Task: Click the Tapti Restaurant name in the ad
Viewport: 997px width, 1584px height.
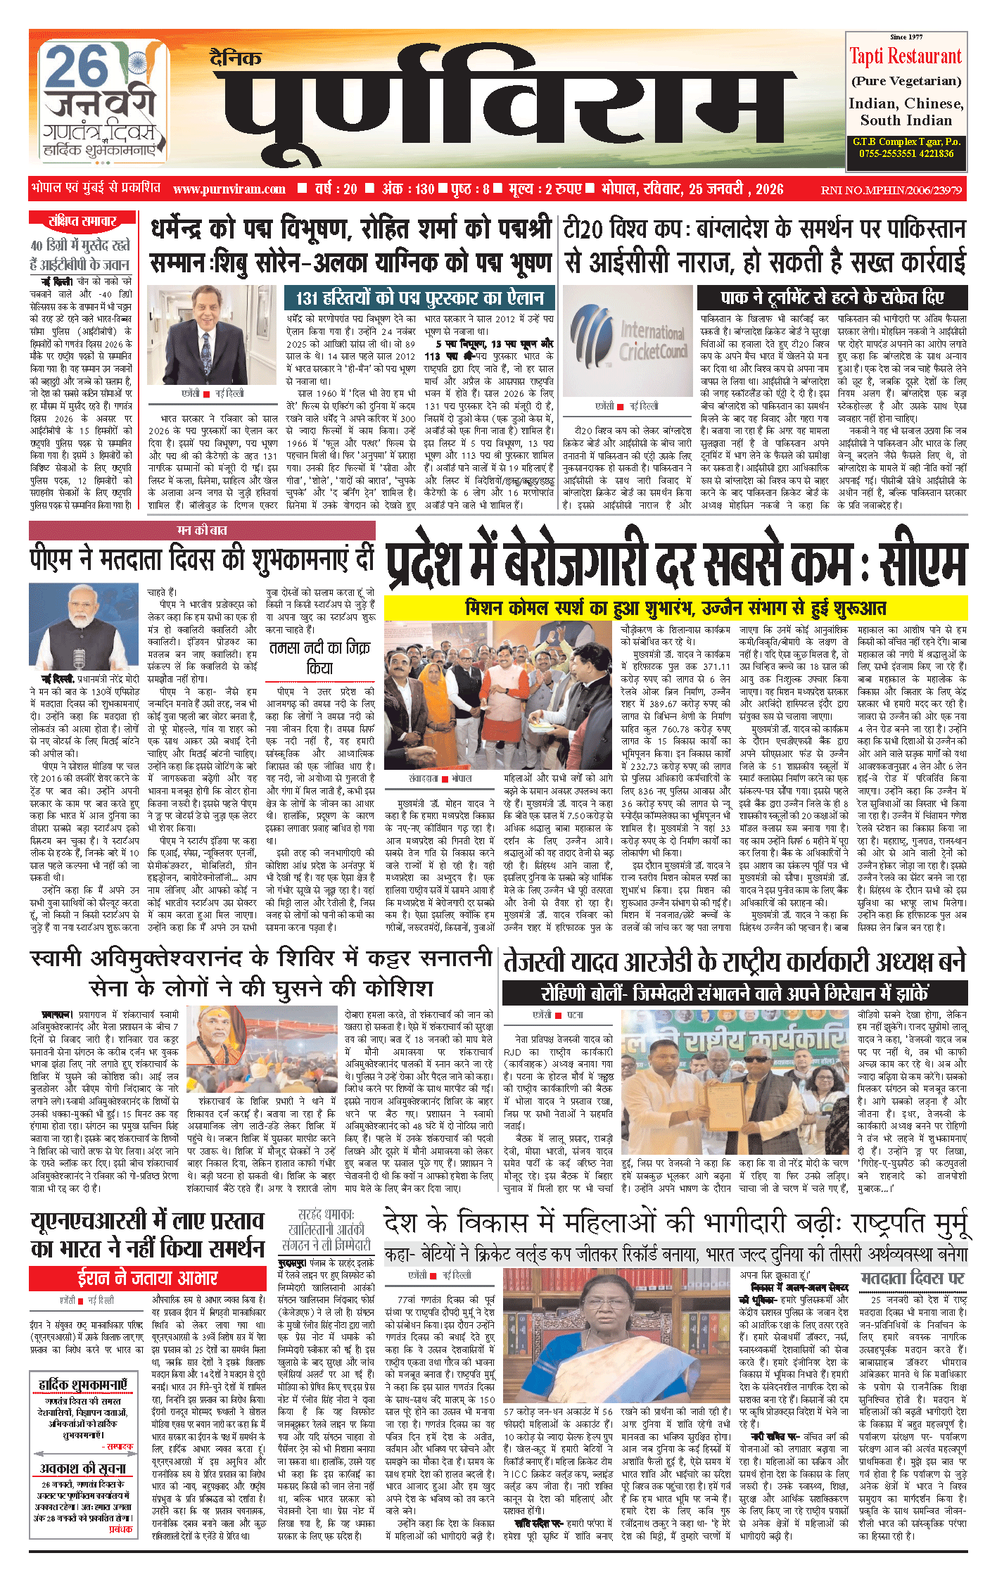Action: [x=905, y=56]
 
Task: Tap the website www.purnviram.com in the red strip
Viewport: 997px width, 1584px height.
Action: [x=229, y=189]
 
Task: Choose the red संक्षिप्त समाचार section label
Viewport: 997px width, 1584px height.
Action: [x=82, y=220]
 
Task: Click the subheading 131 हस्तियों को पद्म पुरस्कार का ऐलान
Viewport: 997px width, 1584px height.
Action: [x=419, y=297]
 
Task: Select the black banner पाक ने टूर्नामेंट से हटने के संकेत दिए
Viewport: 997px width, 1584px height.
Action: [x=832, y=297]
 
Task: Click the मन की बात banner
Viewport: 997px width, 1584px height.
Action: [x=202, y=530]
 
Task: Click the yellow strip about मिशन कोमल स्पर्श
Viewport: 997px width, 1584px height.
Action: [x=675, y=607]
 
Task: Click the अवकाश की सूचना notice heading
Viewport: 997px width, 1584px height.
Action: [x=83, y=1469]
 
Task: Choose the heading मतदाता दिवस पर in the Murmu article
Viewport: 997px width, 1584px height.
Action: [x=913, y=1278]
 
